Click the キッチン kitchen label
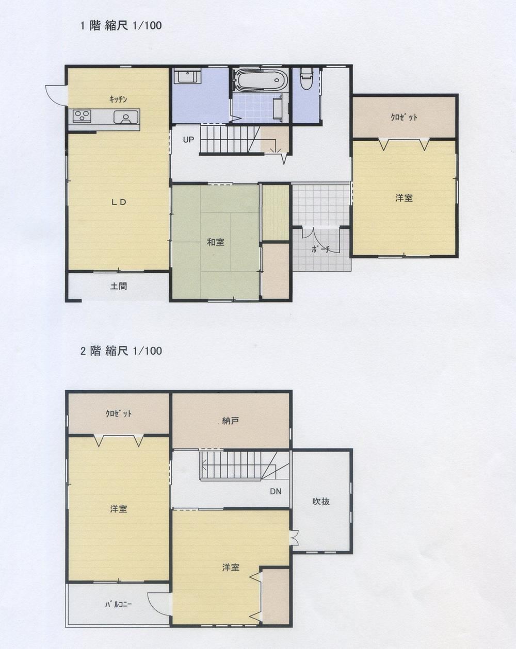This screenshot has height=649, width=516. (x=118, y=99)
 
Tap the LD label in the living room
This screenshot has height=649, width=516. (x=119, y=203)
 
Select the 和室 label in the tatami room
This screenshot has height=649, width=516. (x=216, y=242)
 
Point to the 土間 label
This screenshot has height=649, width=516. (x=118, y=286)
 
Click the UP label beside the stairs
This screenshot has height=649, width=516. (x=188, y=140)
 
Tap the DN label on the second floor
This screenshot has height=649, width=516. (x=276, y=492)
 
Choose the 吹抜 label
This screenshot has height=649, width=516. (x=320, y=502)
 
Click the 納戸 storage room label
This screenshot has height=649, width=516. (x=230, y=421)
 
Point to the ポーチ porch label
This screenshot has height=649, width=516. (x=320, y=249)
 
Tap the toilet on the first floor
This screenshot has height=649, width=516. (x=306, y=78)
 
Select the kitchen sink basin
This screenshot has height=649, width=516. (x=126, y=117)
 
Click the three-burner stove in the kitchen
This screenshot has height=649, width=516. (x=82, y=116)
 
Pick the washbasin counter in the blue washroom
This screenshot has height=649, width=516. (x=187, y=76)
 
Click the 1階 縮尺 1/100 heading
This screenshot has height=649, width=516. (x=121, y=26)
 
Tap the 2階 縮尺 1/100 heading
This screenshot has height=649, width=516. (x=121, y=351)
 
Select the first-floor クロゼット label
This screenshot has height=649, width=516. (x=404, y=118)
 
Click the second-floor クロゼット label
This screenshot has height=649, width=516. (x=118, y=413)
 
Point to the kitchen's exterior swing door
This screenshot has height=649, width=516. (x=56, y=95)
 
